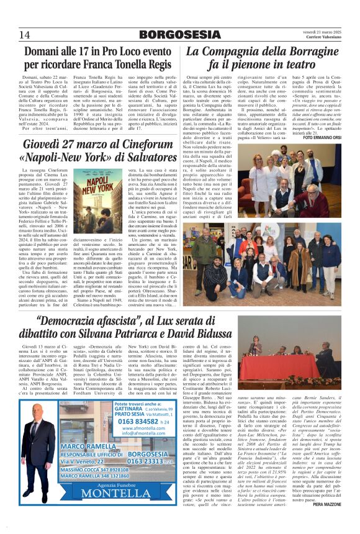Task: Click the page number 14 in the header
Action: [25, 34]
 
